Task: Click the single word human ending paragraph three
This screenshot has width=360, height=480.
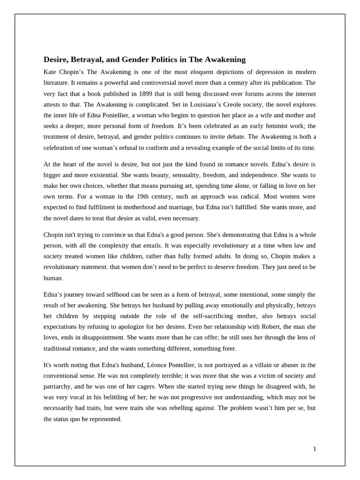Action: (x=52, y=277)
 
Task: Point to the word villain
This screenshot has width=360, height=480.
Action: (x=273, y=365)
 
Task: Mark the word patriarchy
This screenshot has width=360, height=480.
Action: (x=60, y=387)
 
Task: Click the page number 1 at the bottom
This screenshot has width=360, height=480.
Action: (x=315, y=449)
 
